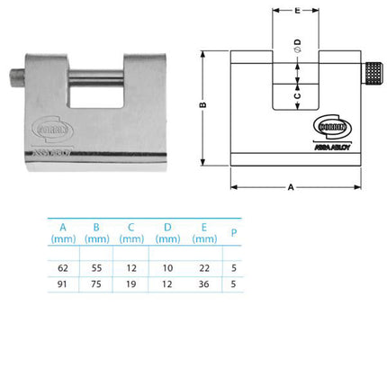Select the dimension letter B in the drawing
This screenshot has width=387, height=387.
204,106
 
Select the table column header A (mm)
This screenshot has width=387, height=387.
62,232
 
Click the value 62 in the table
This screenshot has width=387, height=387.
62,267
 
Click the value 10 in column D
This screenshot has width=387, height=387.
168,267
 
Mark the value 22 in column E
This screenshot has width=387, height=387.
203,267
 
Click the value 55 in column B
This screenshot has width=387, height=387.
97,267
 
